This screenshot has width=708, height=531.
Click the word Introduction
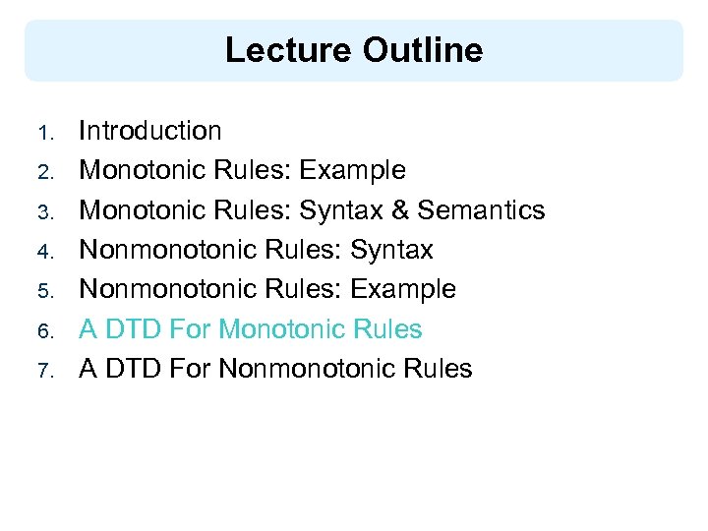[x=150, y=131]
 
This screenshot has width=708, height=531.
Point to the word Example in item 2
[x=352, y=171]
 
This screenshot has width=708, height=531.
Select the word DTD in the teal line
[x=130, y=329]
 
